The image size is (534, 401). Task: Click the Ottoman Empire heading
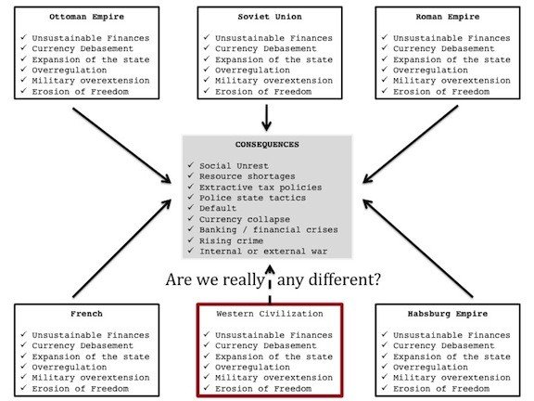[86, 17]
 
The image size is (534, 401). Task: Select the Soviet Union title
[270, 17]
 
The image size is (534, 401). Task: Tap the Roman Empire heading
[448, 17]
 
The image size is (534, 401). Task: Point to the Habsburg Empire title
[448, 314]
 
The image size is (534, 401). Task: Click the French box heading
[86, 314]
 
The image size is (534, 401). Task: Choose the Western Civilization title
[270, 314]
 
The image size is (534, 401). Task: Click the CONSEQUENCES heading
[267, 145]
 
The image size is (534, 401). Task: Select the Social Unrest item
[234, 166]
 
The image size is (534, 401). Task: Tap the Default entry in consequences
[218, 208]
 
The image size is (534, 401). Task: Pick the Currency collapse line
[245, 219]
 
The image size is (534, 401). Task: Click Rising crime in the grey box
[231, 240]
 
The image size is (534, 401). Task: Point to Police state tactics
[252, 198]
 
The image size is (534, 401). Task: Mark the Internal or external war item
[263, 252]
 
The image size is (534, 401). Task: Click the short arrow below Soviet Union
[267, 118]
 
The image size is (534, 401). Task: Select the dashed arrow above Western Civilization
[270, 284]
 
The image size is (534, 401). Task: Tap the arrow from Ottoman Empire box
[121, 146]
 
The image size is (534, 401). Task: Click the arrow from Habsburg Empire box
[418, 248]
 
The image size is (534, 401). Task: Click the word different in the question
[344, 279]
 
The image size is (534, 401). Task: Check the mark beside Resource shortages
[190, 175]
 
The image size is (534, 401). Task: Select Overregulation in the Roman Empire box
[430, 71]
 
